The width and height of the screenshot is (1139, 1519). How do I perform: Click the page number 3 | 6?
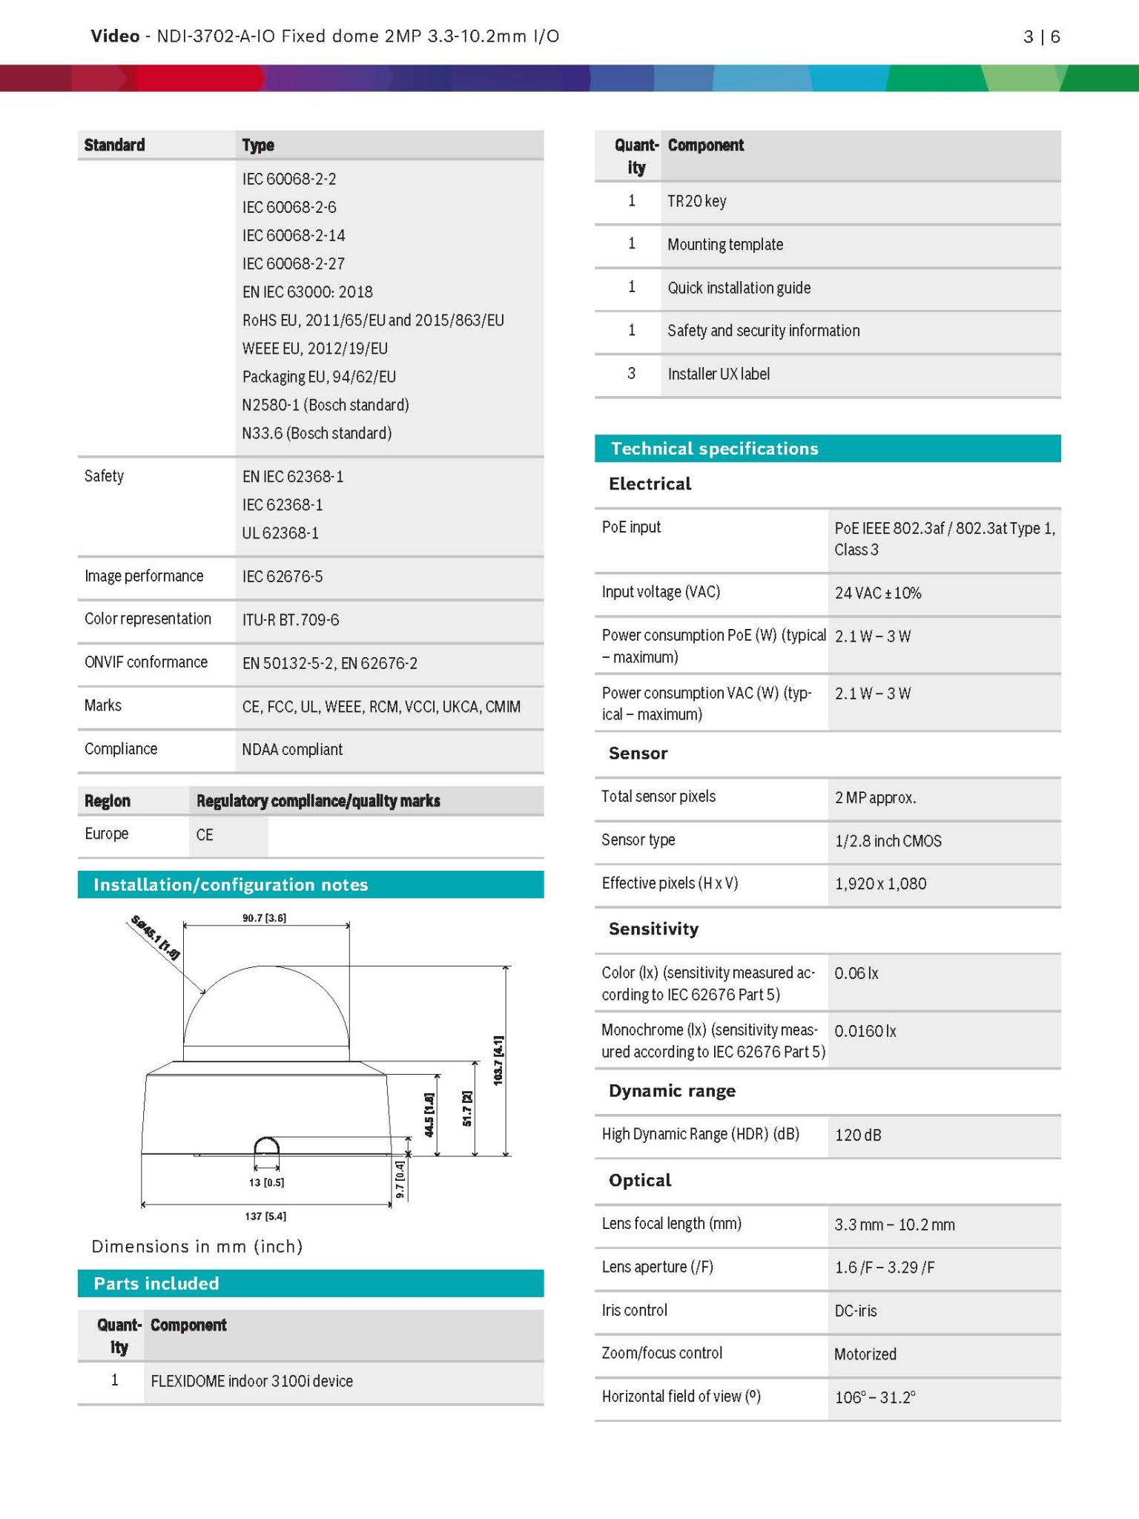coord(1041,36)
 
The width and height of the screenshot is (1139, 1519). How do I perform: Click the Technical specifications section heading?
coord(714,449)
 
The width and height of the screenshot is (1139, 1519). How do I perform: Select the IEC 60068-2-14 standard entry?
coord(294,236)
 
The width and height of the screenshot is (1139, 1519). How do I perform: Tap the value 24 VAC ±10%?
coord(877,593)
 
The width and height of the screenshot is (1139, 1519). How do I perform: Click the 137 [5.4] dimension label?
coord(265,1216)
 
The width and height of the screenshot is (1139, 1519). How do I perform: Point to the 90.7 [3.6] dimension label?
coord(264,918)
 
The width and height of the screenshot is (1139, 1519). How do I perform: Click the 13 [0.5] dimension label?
coord(266,1182)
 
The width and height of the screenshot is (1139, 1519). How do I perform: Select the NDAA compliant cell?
coord(292,750)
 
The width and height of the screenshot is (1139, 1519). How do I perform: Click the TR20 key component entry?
coord(696,202)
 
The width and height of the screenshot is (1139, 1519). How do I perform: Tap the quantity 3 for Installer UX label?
coord(631,374)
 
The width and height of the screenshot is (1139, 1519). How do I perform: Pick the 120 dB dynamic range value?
coord(858,1136)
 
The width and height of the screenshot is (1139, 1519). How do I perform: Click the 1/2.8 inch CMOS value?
coord(888,841)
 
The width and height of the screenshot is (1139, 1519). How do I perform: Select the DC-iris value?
coord(855,1311)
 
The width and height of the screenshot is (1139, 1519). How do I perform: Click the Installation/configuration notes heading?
coord(231,885)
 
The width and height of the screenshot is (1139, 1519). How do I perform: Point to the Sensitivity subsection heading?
coord(653,929)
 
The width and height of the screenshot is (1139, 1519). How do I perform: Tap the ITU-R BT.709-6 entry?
coord(291,620)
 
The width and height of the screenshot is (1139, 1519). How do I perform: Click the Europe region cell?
coord(107,834)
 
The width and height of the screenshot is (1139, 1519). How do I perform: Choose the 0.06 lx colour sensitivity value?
coord(856,974)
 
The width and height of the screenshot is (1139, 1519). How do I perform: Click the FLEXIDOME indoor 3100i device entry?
coord(251,1382)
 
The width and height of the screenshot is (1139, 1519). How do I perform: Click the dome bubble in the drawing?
coord(265,1009)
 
